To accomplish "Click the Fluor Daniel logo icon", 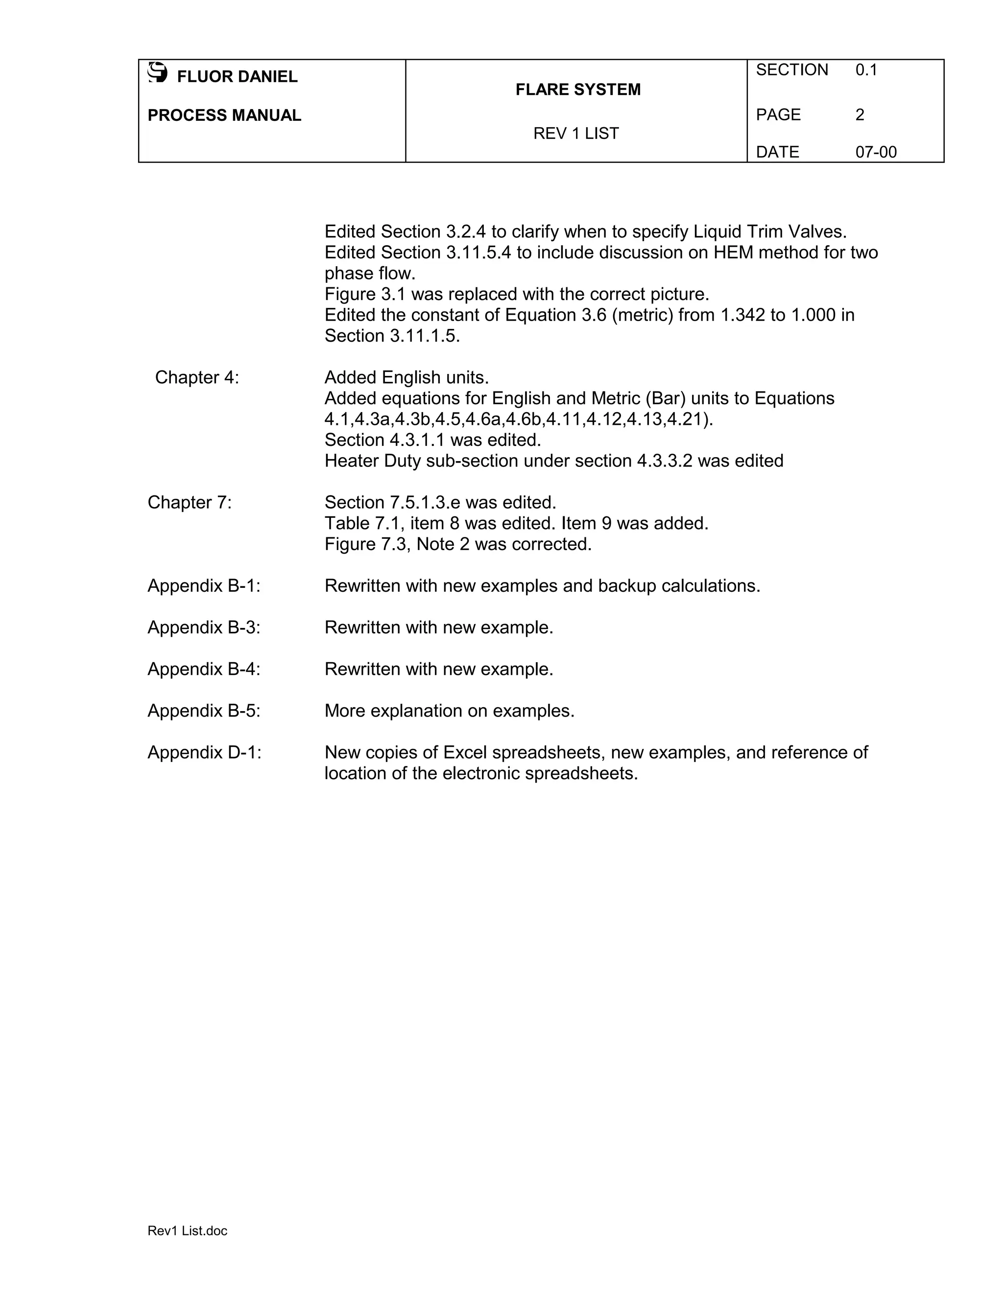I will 158,72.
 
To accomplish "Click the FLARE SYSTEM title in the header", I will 577,90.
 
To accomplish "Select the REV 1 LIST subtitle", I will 576,134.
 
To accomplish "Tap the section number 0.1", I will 866,70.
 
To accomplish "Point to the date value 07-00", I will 875,153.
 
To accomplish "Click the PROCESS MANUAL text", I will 224,115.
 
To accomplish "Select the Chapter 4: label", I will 197,378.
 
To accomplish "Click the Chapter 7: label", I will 190,503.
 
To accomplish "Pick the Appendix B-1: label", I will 204,586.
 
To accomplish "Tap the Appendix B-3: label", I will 204,628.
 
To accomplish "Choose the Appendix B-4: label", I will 204,669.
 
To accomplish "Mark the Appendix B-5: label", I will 204,711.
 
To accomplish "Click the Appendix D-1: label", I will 204,752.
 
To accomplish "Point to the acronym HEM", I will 733,253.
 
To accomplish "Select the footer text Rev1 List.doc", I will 187,1231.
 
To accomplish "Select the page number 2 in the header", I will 859,115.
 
